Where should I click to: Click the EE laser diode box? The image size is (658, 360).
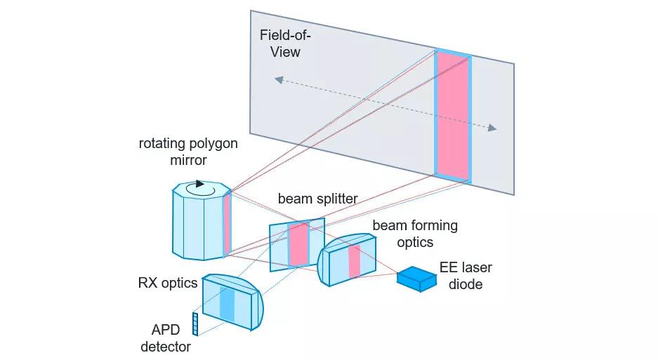[416, 279]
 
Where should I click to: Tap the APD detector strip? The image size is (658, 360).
[195, 324]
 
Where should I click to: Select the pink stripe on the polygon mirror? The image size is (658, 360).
[227, 223]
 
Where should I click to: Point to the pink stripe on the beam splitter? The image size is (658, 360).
[298, 245]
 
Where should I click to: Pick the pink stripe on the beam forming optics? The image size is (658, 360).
[355, 261]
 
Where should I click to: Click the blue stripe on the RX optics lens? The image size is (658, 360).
[227, 305]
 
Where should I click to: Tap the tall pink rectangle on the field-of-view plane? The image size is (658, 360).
[452, 116]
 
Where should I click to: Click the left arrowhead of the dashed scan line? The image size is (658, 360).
[279, 80]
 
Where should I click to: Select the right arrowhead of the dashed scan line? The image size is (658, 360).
[492, 128]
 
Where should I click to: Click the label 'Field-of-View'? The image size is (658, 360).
[285, 44]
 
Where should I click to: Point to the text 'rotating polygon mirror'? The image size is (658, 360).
[188, 152]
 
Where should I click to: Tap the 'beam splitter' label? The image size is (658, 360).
[317, 199]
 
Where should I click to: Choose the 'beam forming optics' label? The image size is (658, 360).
[415, 234]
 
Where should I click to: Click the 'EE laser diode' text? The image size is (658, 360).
[466, 276]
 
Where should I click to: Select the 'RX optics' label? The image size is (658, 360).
[168, 283]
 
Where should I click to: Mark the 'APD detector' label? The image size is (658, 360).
[166, 338]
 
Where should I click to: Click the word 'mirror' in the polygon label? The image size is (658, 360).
[188, 160]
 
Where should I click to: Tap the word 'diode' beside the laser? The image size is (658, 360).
[466, 284]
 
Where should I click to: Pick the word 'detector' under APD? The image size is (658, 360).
[166, 347]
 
